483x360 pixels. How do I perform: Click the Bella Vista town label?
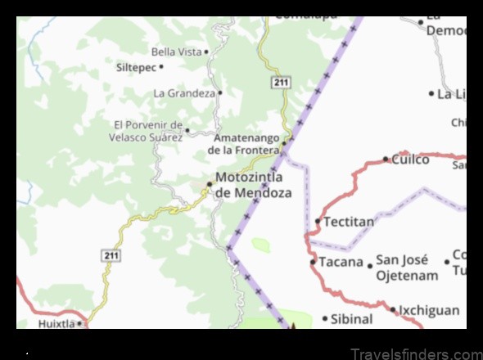pos(176,52)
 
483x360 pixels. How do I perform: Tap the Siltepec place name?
pos(135,66)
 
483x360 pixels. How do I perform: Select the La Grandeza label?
pos(184,93)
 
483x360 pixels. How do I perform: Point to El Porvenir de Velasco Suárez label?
pos(148,131)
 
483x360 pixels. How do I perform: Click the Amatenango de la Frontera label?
pos(244,145)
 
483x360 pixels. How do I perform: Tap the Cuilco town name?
pos(410,160)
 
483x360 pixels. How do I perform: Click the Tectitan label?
pos(349,222)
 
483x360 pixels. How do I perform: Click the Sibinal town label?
pos(353,318)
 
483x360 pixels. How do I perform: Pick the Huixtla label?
pos(56,323)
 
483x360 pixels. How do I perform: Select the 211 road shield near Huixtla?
pos(112,256)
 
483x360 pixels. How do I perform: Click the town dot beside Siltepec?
pos(162,66)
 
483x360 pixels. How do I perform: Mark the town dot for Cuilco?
pos(386,160)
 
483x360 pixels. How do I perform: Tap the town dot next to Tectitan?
pos(318,221)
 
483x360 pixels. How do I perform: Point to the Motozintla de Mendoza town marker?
pos(209,185)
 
